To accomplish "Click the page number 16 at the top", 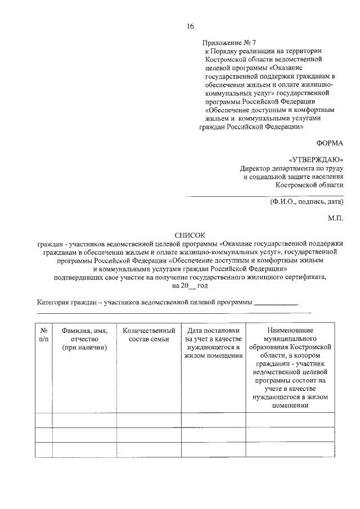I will tap(190, 26).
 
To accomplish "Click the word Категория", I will tap(53, 303).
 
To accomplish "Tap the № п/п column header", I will tap(43, 335).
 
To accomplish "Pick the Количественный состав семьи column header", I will tap(148, 335).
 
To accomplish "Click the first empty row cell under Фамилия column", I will tap(84, 420).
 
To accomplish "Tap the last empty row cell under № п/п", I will tap(43, 450).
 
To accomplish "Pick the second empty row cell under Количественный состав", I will tap(148, 435).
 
